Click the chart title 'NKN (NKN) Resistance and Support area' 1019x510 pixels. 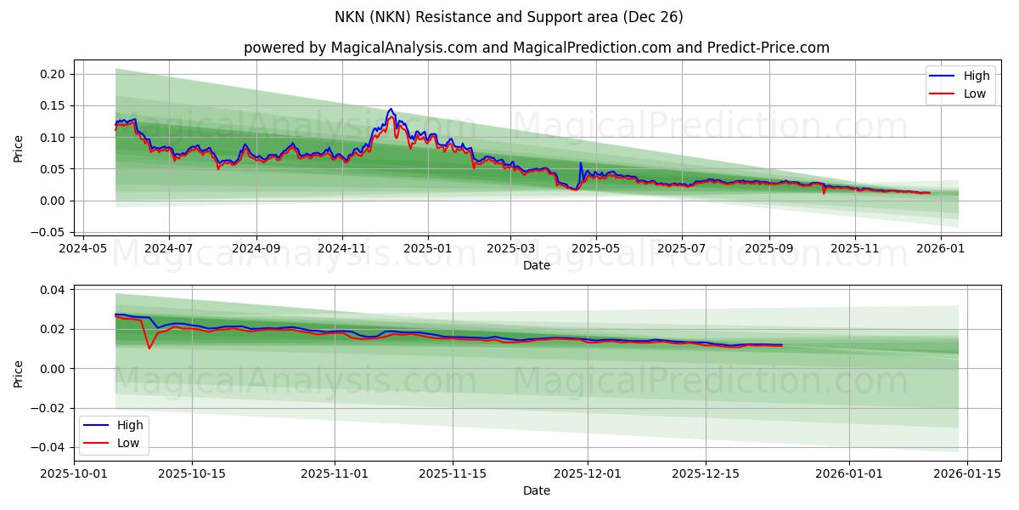509,17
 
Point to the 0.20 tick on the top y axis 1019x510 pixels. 53,74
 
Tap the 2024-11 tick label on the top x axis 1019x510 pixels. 342,248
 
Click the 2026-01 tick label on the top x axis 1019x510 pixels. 941,248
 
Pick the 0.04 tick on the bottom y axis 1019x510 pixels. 53,290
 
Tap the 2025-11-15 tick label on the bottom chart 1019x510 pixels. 453,474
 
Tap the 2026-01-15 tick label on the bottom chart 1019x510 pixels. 967,474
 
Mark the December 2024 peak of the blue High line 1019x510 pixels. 391,109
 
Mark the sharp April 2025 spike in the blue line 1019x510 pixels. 581,162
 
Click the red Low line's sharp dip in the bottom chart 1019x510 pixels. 149,348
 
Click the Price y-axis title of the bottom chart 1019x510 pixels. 19,373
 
